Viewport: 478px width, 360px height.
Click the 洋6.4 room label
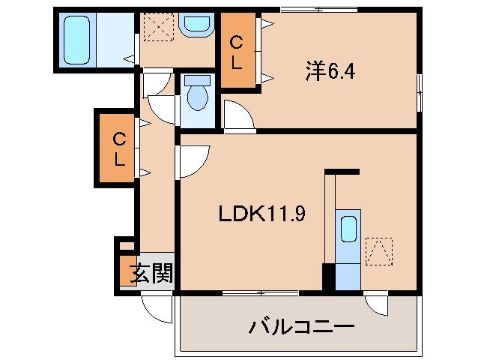pos(330,72)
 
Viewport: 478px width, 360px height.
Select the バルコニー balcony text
pos(302,327)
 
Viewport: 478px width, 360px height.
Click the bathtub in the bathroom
pos(77,40)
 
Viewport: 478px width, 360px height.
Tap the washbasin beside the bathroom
pos(196,24)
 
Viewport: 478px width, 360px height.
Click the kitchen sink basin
pos(348,229)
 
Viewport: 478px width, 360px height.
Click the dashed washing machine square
pos(159,26)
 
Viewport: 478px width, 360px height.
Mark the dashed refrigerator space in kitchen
pos(379,251)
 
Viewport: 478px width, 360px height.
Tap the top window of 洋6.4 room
pos(319,10)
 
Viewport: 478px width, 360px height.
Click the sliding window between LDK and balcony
pos(261,293)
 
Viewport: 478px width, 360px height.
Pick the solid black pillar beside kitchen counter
pos(329,277)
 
